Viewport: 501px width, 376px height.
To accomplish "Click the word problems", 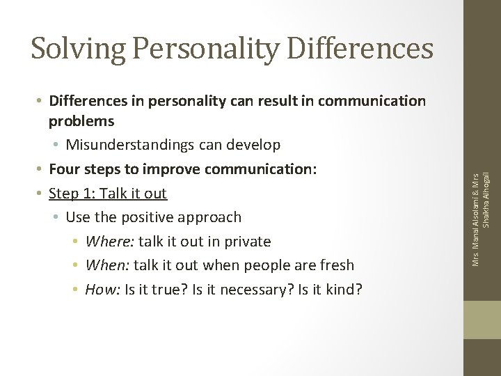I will [81, 120].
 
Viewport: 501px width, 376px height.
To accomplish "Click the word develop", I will [254, 145].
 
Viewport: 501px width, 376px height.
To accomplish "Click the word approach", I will [212, 217].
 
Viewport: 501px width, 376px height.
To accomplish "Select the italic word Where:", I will [110, 241].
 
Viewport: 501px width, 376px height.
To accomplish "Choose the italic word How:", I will [102, 289].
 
